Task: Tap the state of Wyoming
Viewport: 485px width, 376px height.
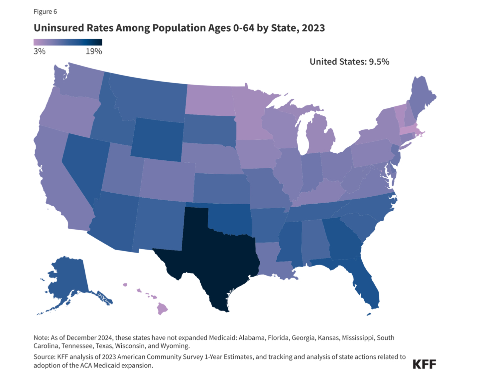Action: coord(157,139)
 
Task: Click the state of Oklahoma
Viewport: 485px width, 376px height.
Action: coord(230,219)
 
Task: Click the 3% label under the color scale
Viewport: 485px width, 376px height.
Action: coord(40,51)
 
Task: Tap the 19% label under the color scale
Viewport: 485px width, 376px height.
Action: coord(94,51)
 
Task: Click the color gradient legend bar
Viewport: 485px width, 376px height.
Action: coord(68,42)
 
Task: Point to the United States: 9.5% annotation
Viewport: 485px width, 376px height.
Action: coord(349,62)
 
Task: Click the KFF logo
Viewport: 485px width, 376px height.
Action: coord(424,364)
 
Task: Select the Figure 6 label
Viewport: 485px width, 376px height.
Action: coord(45,12)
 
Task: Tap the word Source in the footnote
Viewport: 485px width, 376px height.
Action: coord(44,357)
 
